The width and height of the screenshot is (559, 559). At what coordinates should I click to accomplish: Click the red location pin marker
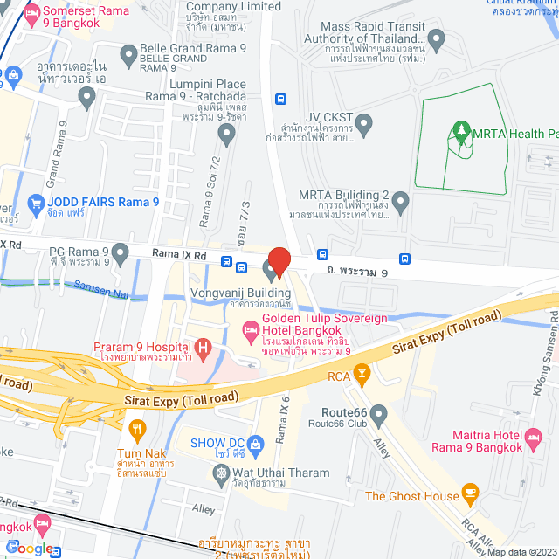point(278,260)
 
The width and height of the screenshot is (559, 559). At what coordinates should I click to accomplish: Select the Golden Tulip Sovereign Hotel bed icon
point(249,329)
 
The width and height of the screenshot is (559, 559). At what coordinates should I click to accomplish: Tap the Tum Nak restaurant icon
point(136,429)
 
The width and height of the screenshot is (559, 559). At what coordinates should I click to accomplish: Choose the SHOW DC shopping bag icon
point(255,445)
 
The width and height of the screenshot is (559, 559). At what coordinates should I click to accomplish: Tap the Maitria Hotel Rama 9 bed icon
point(534,435)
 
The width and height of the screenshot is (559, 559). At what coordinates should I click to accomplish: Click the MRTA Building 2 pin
point(401,204)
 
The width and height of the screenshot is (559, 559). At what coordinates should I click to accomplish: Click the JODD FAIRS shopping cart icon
point(36,205)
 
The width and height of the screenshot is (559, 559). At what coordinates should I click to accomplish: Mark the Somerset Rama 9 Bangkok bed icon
point(32,15)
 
